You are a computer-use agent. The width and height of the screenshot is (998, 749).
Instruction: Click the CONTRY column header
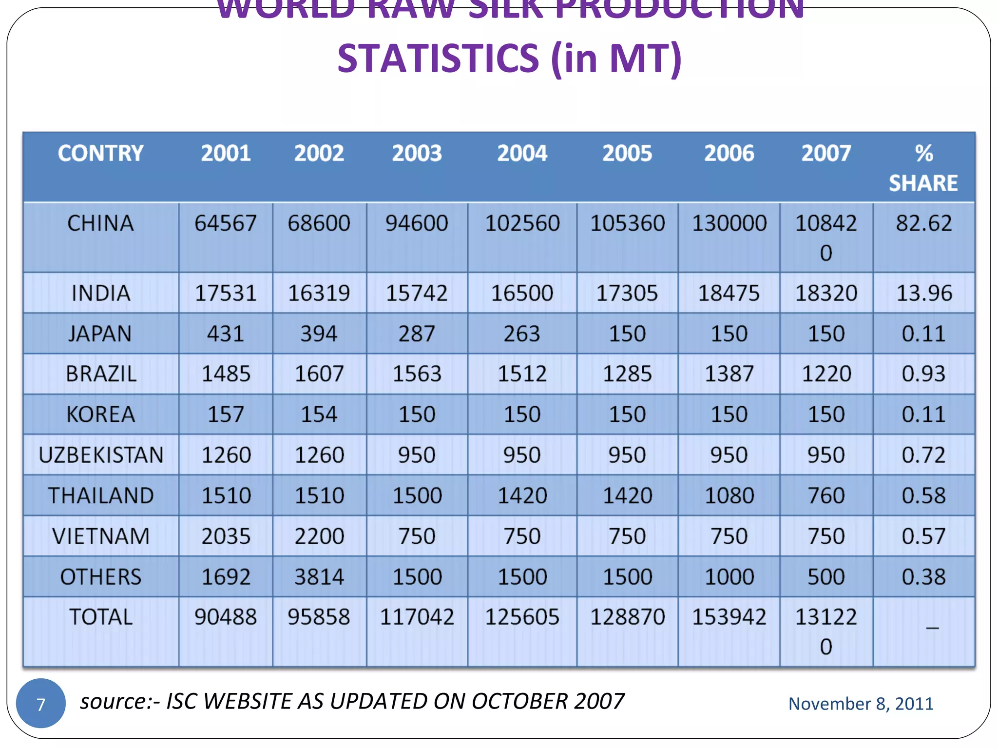point(100,153)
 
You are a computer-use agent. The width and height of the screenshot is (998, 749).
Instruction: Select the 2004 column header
point(522,153)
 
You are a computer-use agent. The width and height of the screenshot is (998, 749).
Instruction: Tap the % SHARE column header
point(923,168)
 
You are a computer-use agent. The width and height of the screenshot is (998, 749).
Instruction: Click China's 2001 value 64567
point(225,223)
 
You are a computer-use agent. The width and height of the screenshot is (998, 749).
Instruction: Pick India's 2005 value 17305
point(627,293)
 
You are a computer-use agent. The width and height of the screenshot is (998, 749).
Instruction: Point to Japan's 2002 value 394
point(319,334)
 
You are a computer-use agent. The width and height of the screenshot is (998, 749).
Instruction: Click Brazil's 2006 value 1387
point(729,374)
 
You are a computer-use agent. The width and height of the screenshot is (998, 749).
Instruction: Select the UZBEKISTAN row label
point(101,455)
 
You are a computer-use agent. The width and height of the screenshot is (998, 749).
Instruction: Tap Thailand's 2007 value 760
point(826,495)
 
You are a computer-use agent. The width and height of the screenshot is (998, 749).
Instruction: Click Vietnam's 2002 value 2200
point(319,536)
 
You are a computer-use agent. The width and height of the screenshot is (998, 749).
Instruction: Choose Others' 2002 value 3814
point(319,577)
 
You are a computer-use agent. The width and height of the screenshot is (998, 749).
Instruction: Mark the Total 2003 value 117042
point(417,617)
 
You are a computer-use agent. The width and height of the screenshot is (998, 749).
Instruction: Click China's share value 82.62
point(923,223)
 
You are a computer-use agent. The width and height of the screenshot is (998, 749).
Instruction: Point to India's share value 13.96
point(924,293)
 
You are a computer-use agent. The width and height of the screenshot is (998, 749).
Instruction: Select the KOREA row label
point(100,414)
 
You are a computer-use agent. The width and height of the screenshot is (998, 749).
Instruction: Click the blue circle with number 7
point(41,703)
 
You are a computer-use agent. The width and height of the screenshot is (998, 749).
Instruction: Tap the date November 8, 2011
point(861,704)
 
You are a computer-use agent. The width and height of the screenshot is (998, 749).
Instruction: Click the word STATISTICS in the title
point(438,59)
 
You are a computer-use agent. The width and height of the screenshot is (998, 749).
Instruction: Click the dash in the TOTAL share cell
point(932,628)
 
